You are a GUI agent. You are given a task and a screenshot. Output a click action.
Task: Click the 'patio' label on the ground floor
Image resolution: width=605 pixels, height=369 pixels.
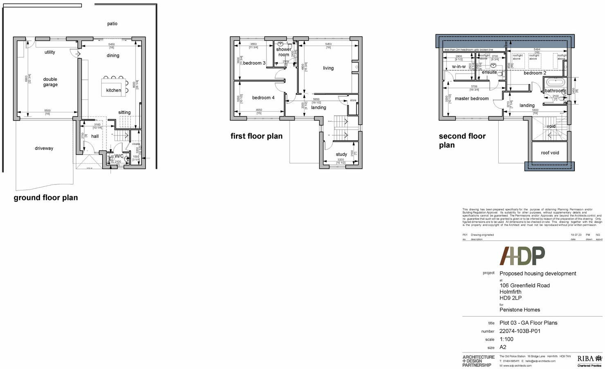point(112,24)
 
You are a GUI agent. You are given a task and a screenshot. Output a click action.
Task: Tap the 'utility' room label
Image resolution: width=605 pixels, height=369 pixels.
point(50,52)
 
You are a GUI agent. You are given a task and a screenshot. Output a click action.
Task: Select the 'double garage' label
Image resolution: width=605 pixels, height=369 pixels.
point(50,82)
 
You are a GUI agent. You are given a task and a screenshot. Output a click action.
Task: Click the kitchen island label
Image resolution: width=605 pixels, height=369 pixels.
point(114,90)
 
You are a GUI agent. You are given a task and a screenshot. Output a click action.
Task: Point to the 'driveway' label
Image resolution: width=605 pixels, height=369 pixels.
point(44,148)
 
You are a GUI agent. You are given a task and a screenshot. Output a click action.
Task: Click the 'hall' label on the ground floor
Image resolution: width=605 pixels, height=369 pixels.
point(95,136)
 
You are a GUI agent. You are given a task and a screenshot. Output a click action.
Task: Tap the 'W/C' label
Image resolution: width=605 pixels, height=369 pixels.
point(119,156)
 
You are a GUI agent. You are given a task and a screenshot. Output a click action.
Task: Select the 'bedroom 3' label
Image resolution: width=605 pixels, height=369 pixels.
point(254,63)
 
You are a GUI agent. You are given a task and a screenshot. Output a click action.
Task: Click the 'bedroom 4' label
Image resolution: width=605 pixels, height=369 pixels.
point(263,98)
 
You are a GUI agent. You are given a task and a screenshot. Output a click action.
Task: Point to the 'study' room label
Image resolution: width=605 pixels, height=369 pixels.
point(341,154)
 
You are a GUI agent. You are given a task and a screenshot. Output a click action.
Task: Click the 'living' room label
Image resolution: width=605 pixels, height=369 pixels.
point(328,68)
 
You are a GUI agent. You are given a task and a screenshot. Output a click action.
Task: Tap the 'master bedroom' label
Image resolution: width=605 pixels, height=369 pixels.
point(472,98)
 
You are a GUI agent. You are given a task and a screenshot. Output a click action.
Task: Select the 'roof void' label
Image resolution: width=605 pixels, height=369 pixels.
point(550,153)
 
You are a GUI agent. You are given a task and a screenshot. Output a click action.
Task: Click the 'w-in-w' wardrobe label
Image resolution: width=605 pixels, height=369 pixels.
point(459,67)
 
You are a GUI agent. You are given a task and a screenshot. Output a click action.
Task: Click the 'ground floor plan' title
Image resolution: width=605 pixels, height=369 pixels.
point(46,198)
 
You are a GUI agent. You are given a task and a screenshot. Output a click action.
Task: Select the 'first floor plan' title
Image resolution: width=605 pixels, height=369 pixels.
point(256,136)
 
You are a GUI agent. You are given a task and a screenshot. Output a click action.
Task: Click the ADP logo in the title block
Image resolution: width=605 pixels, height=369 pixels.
point(522,256)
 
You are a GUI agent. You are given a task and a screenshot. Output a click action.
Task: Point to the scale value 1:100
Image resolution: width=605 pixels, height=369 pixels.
point(506,339)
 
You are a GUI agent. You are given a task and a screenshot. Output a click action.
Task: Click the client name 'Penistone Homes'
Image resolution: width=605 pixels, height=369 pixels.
point(520,310)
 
